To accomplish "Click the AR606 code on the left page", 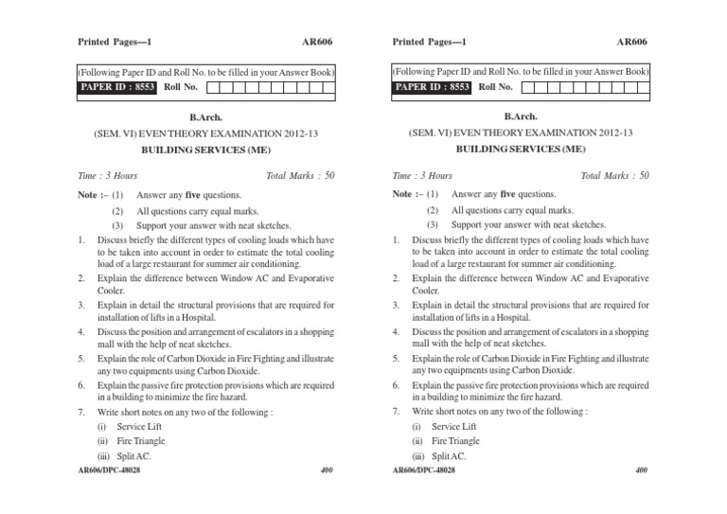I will click(318, 43).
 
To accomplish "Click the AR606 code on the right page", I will click(632, 43).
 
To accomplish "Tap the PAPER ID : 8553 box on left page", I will click(118, 87).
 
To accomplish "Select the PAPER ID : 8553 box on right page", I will click(433, 87).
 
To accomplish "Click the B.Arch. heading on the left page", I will click(204, 117).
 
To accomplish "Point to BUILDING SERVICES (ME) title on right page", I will click(519, 150).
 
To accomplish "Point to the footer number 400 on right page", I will click(641, 470).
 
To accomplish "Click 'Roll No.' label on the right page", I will click(495, 87).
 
